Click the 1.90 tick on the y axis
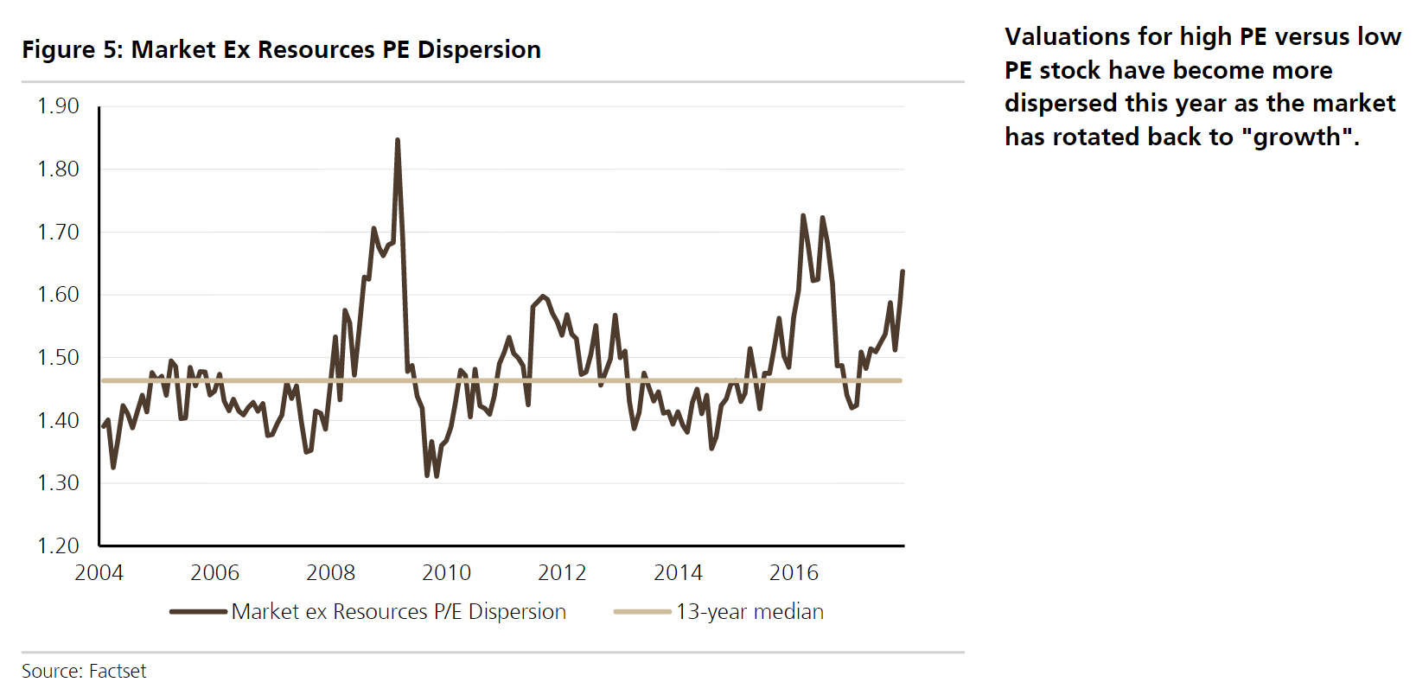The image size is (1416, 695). coord(58,106)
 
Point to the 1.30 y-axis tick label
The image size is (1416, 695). coord(58,483)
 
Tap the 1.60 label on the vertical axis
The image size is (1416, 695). coord(58,295)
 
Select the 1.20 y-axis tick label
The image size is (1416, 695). coord(58,545)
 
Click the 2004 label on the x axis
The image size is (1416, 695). coord(99,573)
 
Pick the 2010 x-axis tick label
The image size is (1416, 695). coord(446,573)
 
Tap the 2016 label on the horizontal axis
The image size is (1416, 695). coord(794,573)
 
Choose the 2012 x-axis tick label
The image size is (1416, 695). coord(562,573)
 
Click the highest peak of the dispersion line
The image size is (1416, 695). coord(397,140)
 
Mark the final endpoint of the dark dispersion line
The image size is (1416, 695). coord(903,271)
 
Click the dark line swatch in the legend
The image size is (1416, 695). coord(198,612)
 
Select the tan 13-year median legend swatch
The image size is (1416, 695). coord(641,612)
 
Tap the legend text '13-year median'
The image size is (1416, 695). coord(749,612)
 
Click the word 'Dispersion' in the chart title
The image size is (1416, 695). coord(479,50)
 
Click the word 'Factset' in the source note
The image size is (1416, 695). coord(118,672)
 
